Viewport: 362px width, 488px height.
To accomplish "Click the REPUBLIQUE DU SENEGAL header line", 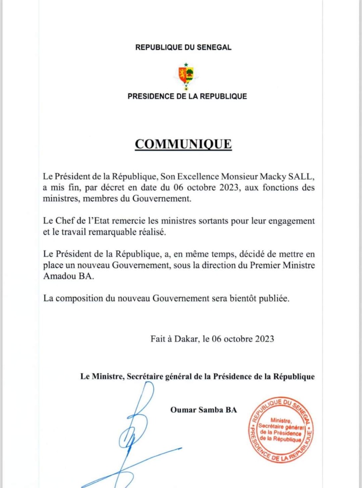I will click(x=183, y=47).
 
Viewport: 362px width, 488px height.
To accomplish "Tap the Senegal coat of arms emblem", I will click(x=186, y=75).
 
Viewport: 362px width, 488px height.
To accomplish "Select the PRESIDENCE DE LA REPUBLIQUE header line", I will click(x=187, y=96).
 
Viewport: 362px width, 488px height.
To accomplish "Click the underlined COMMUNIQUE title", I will click(x=183, y=144).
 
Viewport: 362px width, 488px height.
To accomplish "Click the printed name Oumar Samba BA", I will click(x=203, y=410).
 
